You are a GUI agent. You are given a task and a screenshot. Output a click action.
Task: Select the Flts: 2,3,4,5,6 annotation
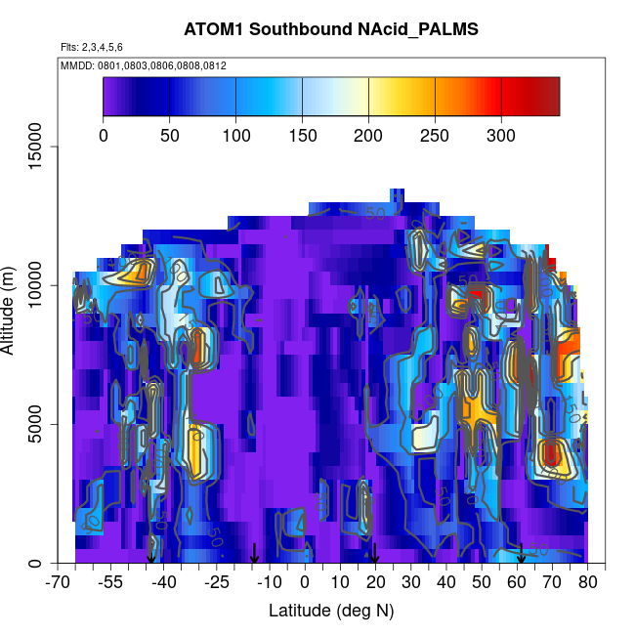pyautogui.click(x=92, y=47)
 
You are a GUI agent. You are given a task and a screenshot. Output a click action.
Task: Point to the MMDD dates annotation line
pyautogui.click(x=144, y=64)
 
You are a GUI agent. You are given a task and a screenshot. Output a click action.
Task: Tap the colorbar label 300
pyautogui.click(x=501, y=135)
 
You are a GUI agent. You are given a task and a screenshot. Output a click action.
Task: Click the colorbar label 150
pyautogui.click(x=302, y=135)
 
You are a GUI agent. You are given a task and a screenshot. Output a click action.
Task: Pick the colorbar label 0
pyautogui.click(x=104, y=135)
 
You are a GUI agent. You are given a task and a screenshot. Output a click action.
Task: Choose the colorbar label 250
pyautogui.click(x=435, y=135)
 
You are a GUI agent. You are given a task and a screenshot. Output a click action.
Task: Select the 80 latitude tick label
pyautogui.click(x=588, y=583)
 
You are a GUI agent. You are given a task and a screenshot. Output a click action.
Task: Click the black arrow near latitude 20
pyautogui.click(x=375, y=554)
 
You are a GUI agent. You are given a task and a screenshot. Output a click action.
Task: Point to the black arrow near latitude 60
pyautogui.click(x=522, y=554)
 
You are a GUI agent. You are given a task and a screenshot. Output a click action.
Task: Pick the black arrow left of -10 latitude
pyautogui.click(x=254, y=554)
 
